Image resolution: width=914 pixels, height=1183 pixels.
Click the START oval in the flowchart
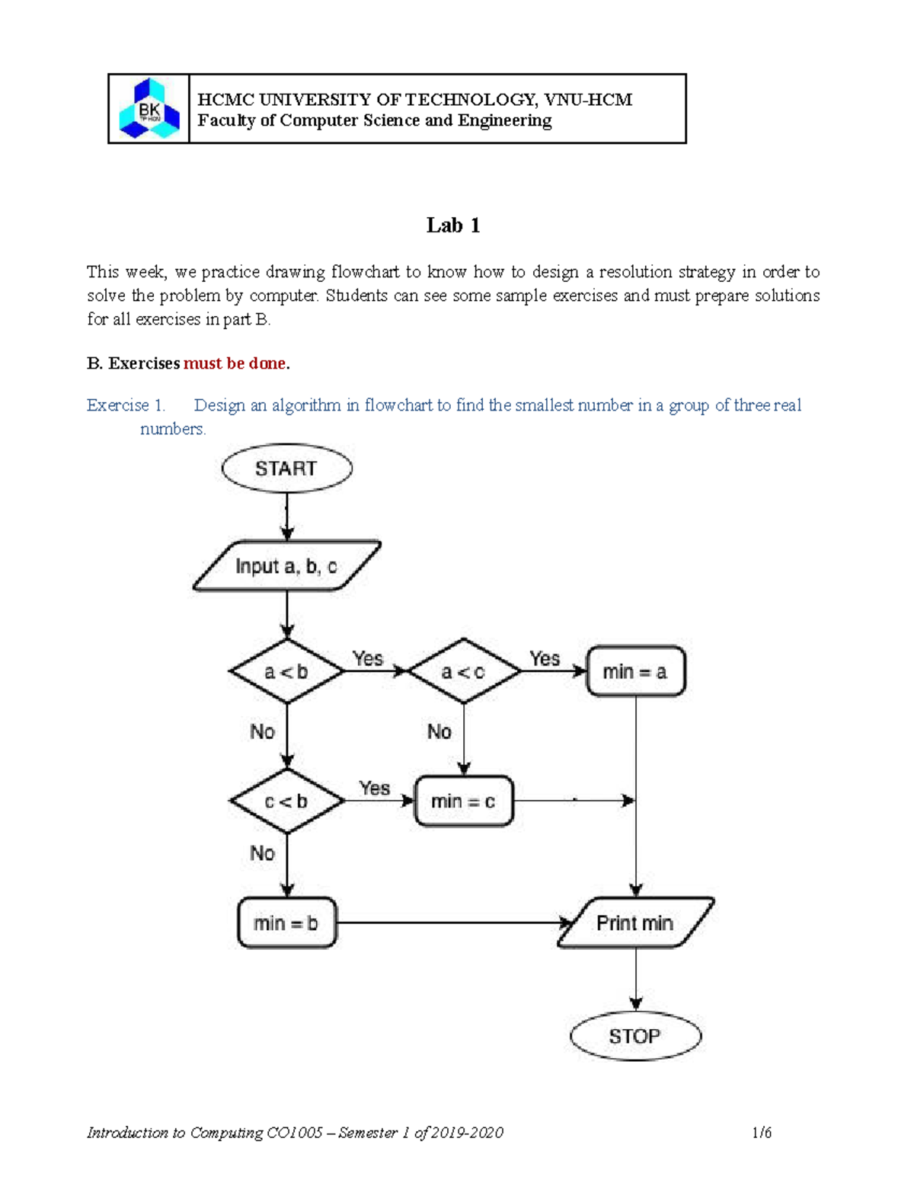[x=286, y=468]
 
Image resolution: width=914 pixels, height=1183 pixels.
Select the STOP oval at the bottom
[x=635, y=1036]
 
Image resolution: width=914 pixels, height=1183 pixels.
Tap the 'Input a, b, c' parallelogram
[x=286, y=566]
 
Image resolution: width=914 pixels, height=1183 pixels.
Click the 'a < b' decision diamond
[x=286, y=672]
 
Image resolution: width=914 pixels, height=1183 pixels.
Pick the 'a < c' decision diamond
[x=463, y=672]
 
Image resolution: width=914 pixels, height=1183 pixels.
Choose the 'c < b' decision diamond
[x=286, y=801]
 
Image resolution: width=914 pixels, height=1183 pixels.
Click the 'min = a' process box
[x=635, y=672]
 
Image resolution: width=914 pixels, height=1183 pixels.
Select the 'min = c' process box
[x=463, y=801]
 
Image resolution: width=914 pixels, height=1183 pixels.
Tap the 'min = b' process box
[x=286, y=923]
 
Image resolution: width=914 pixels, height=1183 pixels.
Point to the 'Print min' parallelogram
[x=635, y=923]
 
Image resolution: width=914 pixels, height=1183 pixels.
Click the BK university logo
[x=149, y=109]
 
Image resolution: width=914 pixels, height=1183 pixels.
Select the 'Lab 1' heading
[x=453, y=225]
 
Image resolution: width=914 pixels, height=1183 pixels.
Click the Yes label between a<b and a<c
[x=368, y=658]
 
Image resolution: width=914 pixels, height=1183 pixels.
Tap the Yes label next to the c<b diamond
[x=375, y=788]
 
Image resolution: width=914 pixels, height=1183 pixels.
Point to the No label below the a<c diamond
[x=439, y=732]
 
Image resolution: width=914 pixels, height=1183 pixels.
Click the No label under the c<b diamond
[x=263, y=853]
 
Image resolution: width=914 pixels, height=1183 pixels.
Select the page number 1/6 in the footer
[x=762, y=1133]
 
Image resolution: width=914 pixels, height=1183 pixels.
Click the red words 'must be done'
[x=235, y=363]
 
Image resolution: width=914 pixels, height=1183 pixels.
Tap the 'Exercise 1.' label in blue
[x=126, y=405]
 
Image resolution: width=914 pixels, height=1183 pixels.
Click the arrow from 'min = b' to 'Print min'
[x=449, y=923]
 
